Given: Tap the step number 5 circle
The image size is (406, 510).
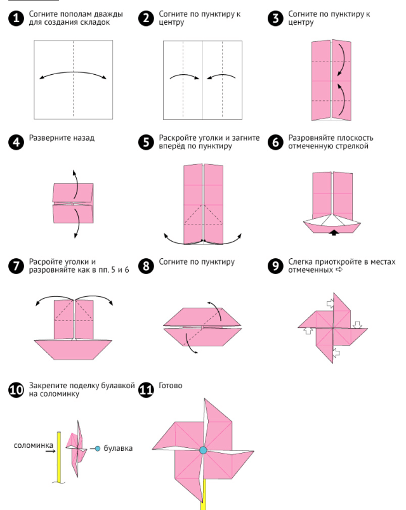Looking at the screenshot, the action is [147, 142].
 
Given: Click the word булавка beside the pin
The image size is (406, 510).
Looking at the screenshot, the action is [118, 448].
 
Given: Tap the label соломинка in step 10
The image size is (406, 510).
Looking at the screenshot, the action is [33, 445].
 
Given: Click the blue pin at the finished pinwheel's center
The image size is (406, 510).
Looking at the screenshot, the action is [203, 450].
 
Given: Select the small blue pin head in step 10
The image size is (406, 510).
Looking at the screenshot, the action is [97, 448].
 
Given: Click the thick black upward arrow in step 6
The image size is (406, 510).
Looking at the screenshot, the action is [334, 233].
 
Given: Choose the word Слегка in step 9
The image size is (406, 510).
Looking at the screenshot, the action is [301, 261].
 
